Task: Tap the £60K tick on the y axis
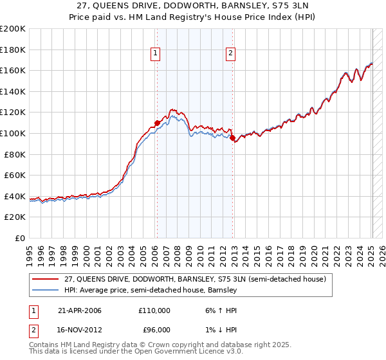pyautogui.click(x=15, y=175)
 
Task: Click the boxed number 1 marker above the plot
pyautogui.click(x=156, y=54)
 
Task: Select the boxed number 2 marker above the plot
pyautogui.click(x=230, y=54)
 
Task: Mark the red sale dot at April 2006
pyautogui.click(x=157, y=122)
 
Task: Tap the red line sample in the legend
pyautogui.click(x=46, y=279)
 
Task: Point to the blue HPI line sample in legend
pyautogui.click(x=46, y=290)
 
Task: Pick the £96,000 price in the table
pyautogui.click(x=154, y=330)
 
